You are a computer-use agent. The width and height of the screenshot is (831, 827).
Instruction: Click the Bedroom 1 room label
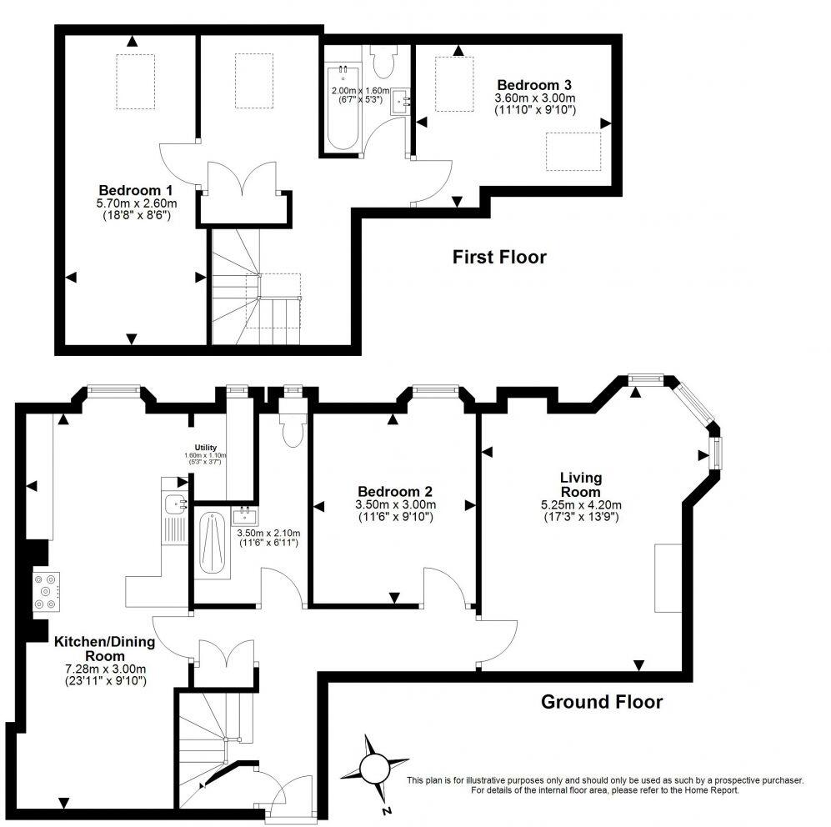[x=131, y=188]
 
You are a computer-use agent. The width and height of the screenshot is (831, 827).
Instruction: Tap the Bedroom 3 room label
[x=534, y=85]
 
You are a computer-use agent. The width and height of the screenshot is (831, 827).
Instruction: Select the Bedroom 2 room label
[x=395, y=492]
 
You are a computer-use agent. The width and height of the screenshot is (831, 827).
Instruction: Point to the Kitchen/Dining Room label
[x=101, y=649]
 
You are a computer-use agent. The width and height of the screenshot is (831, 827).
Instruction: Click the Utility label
[x=206, y=448]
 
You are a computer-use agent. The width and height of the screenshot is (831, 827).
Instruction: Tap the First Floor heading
[x=499, y=257]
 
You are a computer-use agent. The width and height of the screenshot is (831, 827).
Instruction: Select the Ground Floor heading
[x=602, y=702]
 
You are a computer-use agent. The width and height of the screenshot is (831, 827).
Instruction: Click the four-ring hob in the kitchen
[x=43, y=592]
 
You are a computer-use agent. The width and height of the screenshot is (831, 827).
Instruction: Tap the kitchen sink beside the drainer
[x=174, y=504]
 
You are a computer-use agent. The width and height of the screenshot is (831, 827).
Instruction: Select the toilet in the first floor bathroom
[x=384, y=60]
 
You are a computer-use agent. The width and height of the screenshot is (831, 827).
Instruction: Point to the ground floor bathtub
[x=213, y=544]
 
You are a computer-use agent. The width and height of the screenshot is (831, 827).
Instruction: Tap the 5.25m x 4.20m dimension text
[x=581, y=504]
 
